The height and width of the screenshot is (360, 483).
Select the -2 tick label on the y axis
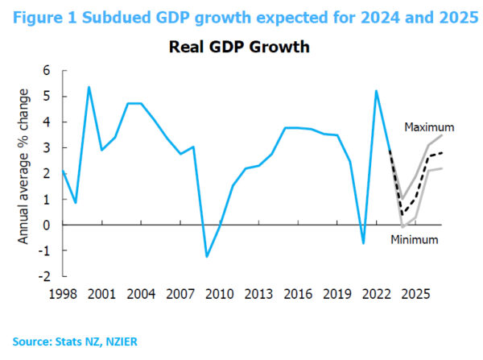click(44, 275)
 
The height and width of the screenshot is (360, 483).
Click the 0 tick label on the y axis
click(47, 225)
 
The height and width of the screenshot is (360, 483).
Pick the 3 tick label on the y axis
click(47, 147)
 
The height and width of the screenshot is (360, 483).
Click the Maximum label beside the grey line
click(430, 127)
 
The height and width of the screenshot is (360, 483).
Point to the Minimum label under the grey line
click(415, 239)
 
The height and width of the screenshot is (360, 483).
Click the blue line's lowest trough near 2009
click(207, 257)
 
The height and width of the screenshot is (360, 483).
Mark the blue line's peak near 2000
click(89, 87)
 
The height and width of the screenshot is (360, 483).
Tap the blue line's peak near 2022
click(377, 90)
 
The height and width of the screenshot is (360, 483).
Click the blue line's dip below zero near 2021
click(364, 243)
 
